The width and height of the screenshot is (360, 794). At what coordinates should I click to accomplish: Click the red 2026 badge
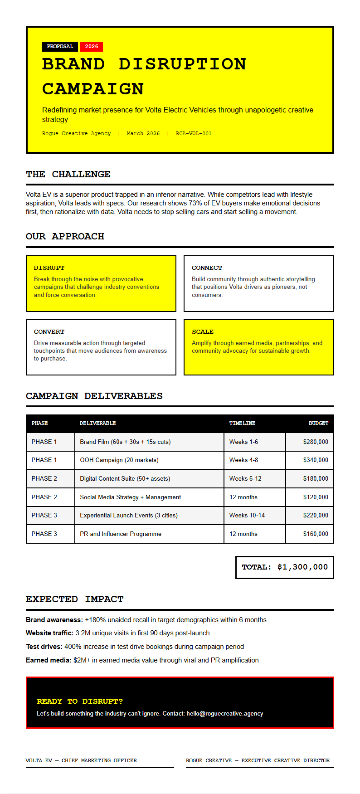point(92,47)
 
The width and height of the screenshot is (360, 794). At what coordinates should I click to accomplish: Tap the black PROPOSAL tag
point(60,47)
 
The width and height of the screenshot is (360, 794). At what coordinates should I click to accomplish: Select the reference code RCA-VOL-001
point(194,134)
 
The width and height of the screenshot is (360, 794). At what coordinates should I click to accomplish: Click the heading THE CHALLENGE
point(68,175)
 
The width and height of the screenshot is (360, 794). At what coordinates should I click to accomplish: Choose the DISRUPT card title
point(49,268)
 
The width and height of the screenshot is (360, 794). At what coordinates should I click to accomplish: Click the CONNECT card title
point(207,268)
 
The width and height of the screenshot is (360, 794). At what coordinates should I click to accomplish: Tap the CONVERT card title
point(49,332)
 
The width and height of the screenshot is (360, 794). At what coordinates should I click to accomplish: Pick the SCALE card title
point(203,332)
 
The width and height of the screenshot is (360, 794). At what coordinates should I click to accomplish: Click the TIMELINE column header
point(242,424)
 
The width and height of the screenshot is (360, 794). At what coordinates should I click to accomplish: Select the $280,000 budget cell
point(316,442)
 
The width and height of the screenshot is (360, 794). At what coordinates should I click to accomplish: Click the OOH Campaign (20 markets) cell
point(119,460)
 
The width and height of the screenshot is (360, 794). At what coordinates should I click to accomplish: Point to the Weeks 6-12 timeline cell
point(245,479)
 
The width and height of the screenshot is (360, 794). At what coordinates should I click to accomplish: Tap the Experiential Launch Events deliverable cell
point(129,516)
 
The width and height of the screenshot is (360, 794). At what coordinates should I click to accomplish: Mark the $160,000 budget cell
point(316,534)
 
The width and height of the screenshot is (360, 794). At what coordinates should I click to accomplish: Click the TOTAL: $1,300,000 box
point(285,567)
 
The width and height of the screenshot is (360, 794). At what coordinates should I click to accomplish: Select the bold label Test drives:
point(44,647)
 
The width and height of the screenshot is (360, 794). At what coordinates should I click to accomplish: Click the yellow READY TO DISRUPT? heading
point(80,701)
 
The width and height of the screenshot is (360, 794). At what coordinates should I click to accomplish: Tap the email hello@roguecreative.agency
point(224,714)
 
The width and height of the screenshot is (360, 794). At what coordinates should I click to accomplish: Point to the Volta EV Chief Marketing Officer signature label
point(81,760)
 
